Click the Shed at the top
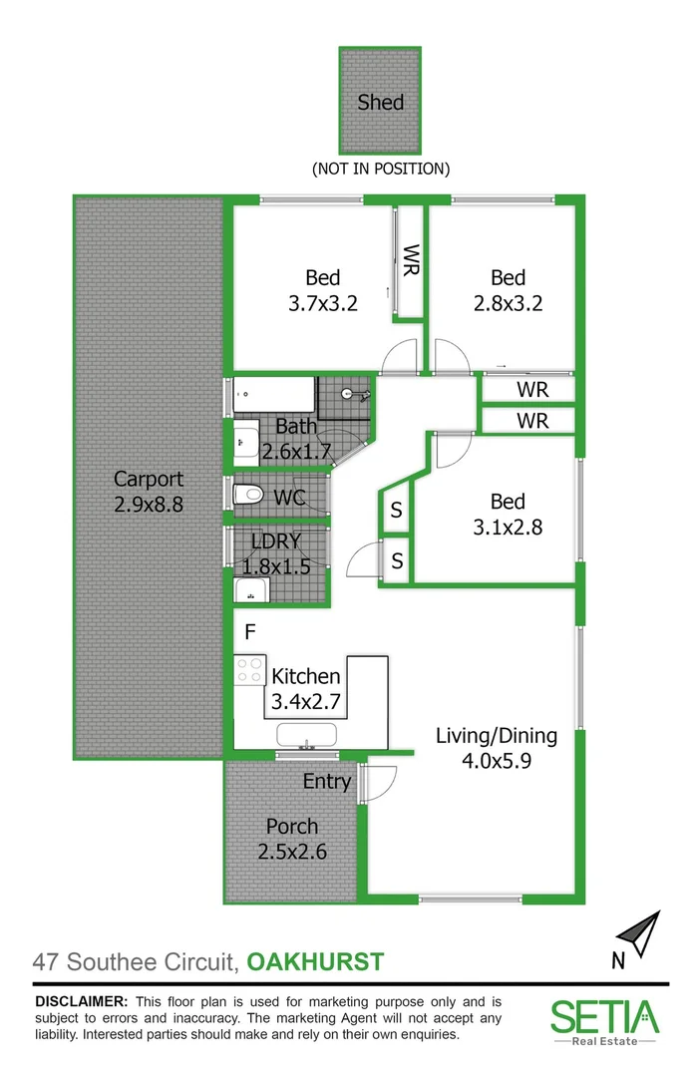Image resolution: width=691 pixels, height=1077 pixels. point(381,100)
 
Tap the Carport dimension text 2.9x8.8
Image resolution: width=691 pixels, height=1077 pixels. point(148,505)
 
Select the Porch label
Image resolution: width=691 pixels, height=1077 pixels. point(292,827)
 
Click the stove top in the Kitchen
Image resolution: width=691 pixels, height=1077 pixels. point(249,670)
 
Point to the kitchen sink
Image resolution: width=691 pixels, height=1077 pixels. point(307,739)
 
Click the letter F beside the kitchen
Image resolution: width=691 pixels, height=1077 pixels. point(250,631)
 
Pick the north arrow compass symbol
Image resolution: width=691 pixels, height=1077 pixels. point(638,935)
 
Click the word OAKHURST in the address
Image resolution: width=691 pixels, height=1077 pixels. point(315,962)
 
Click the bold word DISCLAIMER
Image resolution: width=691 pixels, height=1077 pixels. point(81,1001)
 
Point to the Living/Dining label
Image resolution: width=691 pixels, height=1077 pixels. point(496,737)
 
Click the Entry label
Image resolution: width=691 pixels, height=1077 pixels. point(327,782)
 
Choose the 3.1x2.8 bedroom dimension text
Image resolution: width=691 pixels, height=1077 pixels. point(508,529)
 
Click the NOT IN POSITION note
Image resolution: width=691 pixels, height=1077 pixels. point(381,169)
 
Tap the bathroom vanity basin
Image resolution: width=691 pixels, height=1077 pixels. point(244,439)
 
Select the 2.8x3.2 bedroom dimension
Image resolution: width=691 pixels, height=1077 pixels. point(508,303)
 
